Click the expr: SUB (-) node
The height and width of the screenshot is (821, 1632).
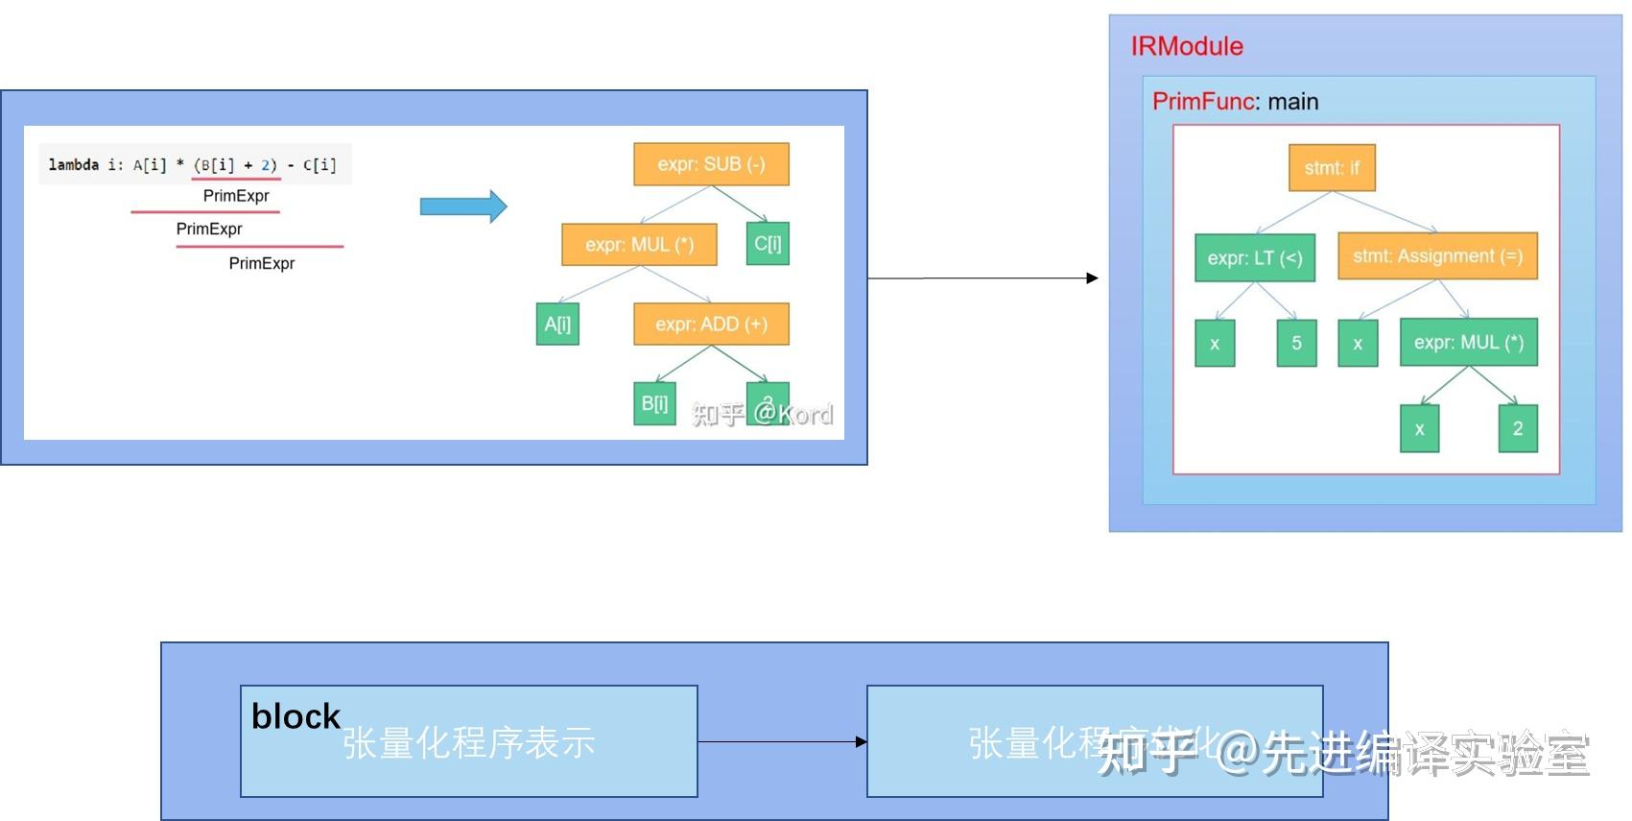[711, 164]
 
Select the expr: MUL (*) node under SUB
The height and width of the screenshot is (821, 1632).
[639, 245]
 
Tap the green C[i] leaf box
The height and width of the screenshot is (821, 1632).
[768, 244]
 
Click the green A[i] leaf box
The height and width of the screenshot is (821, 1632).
[557, 325]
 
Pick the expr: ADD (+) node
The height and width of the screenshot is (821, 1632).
[711, 325]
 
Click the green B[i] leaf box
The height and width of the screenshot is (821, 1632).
[654, 403]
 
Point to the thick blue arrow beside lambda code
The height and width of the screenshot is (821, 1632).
[463, 206]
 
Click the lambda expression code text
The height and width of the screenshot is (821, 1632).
[193, 165]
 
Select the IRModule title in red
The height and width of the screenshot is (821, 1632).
[1187, 46]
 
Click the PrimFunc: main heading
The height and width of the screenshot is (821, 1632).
[1235, 102]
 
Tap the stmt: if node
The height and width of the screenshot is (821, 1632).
[1332, 168]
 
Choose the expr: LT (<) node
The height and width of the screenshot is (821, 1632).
[1254, 257]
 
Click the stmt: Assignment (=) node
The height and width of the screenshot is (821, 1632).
[1437, 256]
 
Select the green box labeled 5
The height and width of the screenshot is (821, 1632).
[1296, 343]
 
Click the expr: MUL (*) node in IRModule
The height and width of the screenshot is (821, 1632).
[1468, 343]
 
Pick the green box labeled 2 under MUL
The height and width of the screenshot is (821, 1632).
[1518, 428]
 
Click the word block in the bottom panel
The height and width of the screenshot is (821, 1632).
[296, 716]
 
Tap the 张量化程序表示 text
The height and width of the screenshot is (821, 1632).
[468, 743]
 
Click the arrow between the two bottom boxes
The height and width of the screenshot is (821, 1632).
[782, 741]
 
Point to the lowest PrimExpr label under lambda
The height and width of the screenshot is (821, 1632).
[261, 263]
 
